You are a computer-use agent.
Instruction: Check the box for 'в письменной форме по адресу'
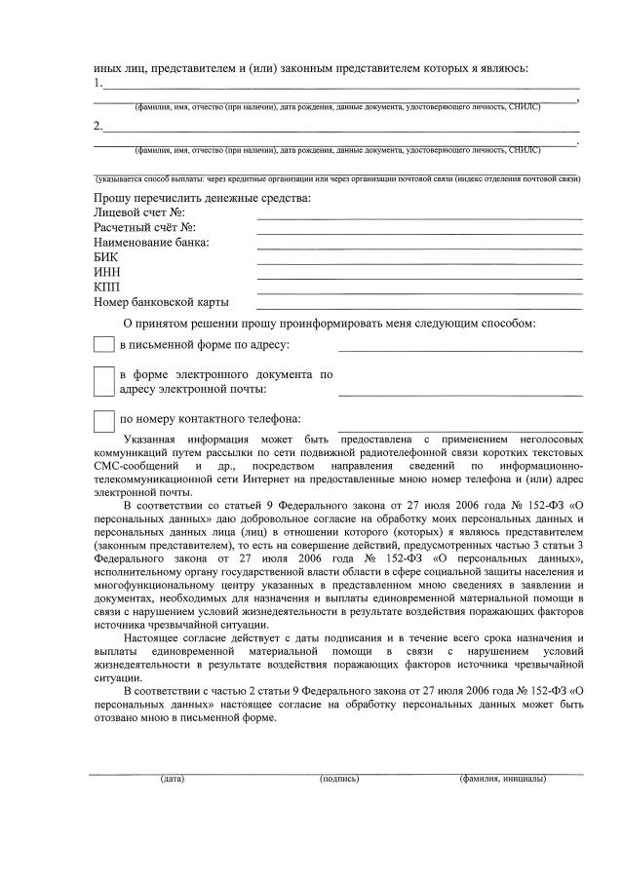pos(103,345)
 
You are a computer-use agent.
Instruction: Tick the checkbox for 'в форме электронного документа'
pos(103,382)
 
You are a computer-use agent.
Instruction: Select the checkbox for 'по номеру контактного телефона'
pos(103,421)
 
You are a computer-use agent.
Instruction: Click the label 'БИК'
pos(106,257)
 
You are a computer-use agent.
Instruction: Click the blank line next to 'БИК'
pos(419,262)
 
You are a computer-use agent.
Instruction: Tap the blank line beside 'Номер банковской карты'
pos(419,307)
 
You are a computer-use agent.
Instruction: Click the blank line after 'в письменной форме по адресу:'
pos(460,349)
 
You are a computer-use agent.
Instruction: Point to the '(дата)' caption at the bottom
pos(173,780)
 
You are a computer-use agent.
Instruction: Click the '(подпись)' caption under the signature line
pos(339,780)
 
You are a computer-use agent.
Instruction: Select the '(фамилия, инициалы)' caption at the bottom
pos(502,780)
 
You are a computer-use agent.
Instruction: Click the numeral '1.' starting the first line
pos(98,85)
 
